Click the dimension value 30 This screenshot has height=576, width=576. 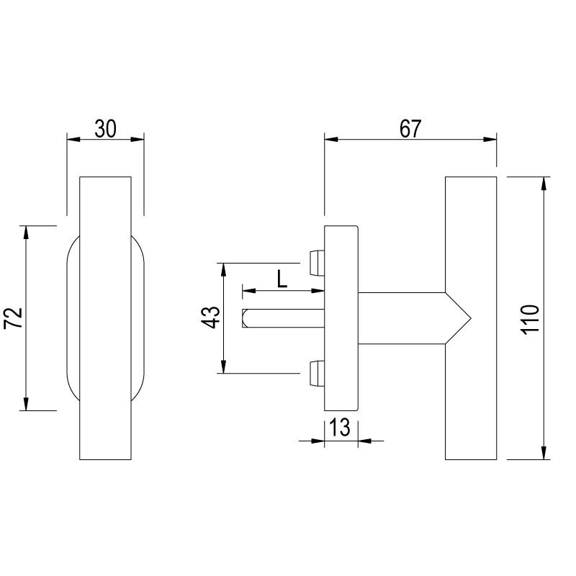[105, 129]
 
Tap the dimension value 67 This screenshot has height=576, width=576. [409, 129]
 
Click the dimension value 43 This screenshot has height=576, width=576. [209, 318]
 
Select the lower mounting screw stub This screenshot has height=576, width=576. [316, 372]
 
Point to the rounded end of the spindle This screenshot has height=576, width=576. [246, 318]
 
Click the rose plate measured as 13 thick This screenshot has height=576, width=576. [341, 317]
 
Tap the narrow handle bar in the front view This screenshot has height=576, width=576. [105, 318]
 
